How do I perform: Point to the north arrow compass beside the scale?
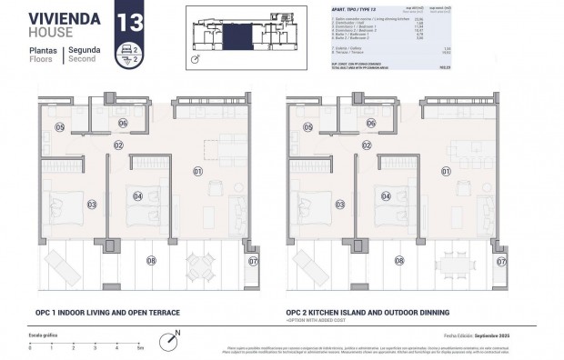(x=168, y=343)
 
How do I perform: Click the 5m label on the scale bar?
(x=140, y=348)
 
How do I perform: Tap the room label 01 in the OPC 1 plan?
(x=197, y=171)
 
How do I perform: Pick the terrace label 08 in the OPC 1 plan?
(x=151, y=260)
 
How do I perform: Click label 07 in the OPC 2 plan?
(x=500, y=261)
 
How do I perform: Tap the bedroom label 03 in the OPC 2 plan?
(x=340, y=205)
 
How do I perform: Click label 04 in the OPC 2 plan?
(x=387, y=195)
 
